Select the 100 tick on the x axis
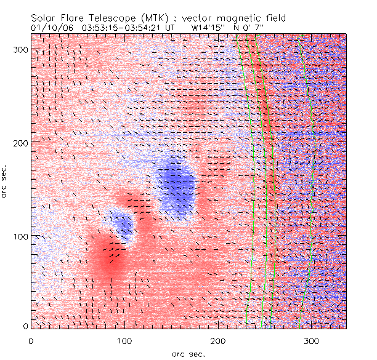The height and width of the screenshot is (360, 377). click(124, 340)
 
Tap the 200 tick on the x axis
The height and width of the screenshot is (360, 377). click(218, 340)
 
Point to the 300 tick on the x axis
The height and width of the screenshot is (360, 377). click(312, 340)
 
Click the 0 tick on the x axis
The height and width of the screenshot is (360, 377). click(31, 340)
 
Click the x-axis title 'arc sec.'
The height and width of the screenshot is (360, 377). click(188, 353)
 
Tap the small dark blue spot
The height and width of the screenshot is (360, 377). click(123, 225)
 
